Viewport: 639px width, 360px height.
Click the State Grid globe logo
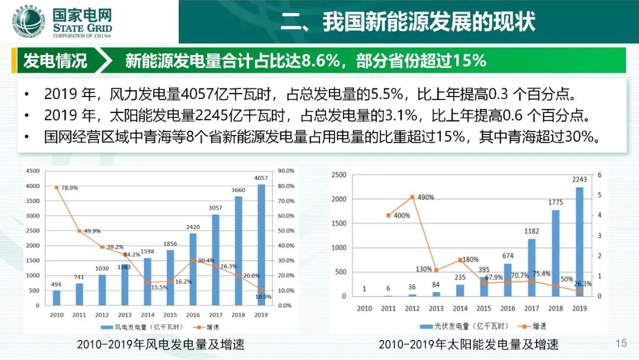point(28,21)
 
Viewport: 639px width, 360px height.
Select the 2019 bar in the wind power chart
point(262,245)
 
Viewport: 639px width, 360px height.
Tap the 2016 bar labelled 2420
point(193,269)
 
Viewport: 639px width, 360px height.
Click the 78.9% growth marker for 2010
point(57,188)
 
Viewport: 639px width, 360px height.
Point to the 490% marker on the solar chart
point(412,197)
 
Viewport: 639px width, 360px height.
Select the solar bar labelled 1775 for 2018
point(556,253)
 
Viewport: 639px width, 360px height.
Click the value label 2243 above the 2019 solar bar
point(579,179)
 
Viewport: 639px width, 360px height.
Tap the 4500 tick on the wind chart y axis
point(33,171)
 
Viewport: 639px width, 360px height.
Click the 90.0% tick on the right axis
point(286,171)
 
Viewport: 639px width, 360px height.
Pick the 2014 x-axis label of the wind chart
point(147,315)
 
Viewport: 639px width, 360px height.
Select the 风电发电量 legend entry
point(142,327)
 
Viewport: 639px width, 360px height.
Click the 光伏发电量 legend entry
point(464,326)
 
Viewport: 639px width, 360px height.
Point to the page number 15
point(621,343)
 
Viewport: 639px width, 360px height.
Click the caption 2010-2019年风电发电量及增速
point(160,345)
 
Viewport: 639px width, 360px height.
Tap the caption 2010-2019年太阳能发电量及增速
point(469,345)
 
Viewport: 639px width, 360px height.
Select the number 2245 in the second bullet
point(211,115)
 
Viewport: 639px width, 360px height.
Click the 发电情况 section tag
point(55,61)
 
